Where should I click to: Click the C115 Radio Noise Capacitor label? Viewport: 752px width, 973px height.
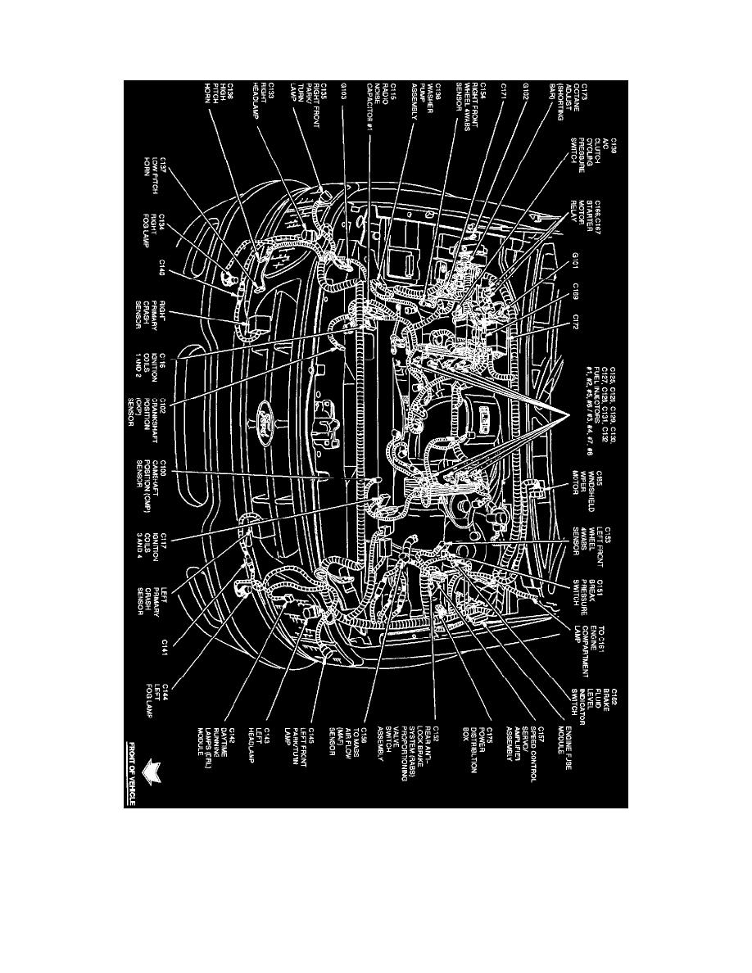[x=382, y=107]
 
